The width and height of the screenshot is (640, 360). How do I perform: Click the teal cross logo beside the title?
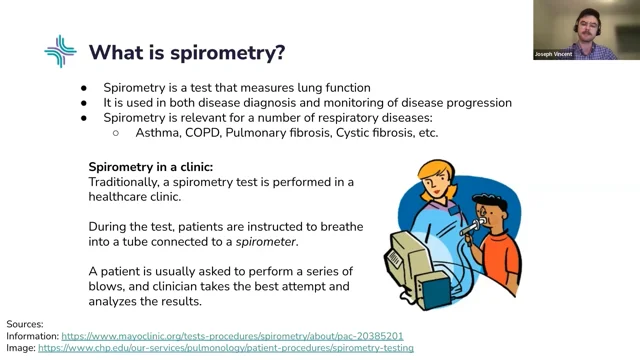point(60,51)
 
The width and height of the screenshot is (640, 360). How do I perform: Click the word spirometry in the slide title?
point(228,53)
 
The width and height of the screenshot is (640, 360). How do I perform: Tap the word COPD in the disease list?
point(203,133)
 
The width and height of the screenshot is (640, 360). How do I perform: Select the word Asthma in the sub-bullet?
point(158,133)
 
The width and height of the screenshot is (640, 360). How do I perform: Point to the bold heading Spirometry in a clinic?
point(151,167)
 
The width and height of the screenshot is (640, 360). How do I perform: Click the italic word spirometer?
point(267,242)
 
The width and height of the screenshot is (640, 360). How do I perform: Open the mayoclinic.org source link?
point(232,336)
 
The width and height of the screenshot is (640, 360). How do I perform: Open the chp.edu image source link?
point(226,348)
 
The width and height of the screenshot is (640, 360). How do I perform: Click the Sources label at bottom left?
point(25,324)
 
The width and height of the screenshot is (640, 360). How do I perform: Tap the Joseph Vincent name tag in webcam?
point(553,54)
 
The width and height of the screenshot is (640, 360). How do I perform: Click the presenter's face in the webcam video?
point(587,28)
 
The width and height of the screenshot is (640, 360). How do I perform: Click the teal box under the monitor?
point(435,289)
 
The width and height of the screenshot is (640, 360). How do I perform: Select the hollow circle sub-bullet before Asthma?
point(116,133)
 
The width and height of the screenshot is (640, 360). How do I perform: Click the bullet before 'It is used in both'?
point(84,103)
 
